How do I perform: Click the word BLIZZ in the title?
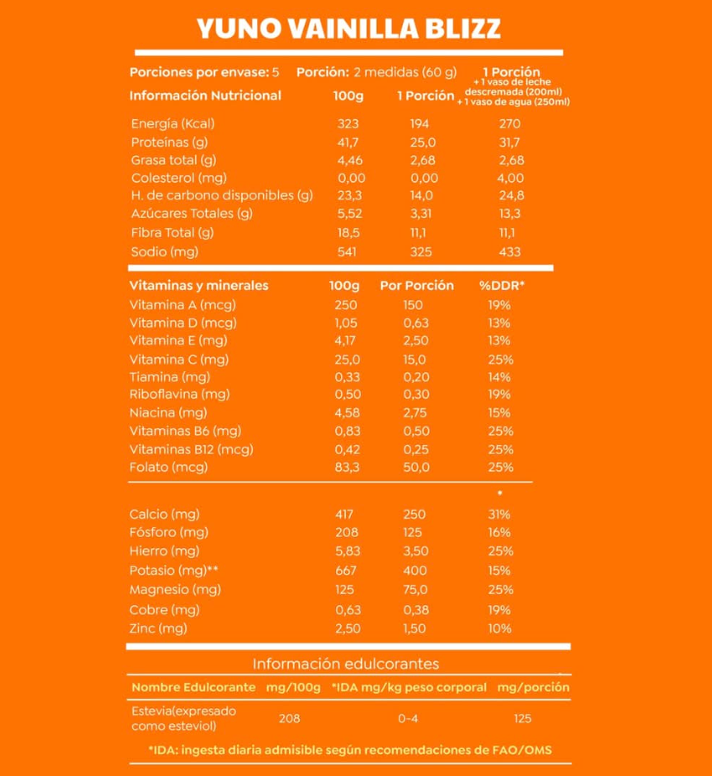pyautogui.click(x=461, y=28)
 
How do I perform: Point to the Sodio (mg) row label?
pyautogui.click(x=165, y=251)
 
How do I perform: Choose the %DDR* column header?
pyautogui.click(x=502, y=285)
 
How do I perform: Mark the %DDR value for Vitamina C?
pyautogui.click(x=499, y=359)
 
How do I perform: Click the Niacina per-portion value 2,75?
pyautogui.click(x=415, y=412)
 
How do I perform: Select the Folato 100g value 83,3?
pyautogui.click(x=347, y=467)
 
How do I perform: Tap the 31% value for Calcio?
pyautogui.click(x=499, y=514)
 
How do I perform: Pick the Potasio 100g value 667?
pyautogui.click(x=344, y=570)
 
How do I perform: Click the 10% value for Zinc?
pyautogui.click(x=499, y=629)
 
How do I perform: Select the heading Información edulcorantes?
pyautogui.click(x=346, y=664)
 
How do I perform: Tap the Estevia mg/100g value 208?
pyautogui.click(x=289, y=718)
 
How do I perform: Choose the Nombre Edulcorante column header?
pyautogui.click(x=193, y=687)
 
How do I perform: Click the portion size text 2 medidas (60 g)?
pyautogui.click(x=405, y=72)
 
